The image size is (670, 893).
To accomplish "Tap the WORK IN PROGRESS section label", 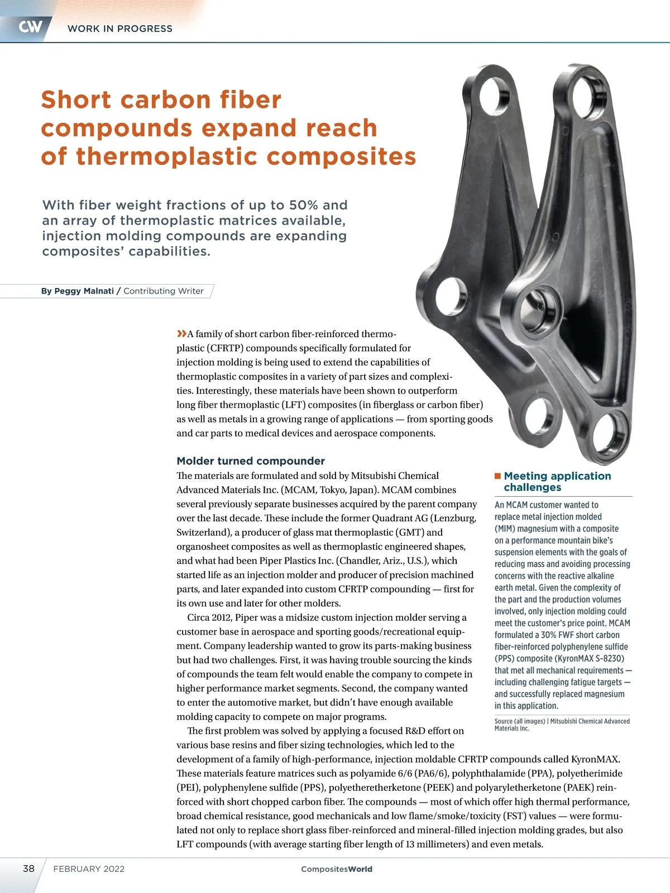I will pos(119,28).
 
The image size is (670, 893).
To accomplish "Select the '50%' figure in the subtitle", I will pos(304,205).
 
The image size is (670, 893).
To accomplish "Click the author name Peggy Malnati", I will pos(84,291).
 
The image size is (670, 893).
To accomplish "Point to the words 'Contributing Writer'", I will pos(163,291).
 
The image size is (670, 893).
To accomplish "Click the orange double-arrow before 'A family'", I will pos(181,334).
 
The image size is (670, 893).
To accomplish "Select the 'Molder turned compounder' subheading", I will pos(251,461).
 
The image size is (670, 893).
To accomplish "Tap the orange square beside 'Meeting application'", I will pos(497,476).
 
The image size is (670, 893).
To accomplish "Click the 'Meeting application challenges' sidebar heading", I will pos(557,481).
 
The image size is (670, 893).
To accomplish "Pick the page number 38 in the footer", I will pos(28,868).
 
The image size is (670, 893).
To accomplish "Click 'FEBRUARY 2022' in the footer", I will pos(89,869).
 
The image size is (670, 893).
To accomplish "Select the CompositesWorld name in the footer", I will pos(337,869).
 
